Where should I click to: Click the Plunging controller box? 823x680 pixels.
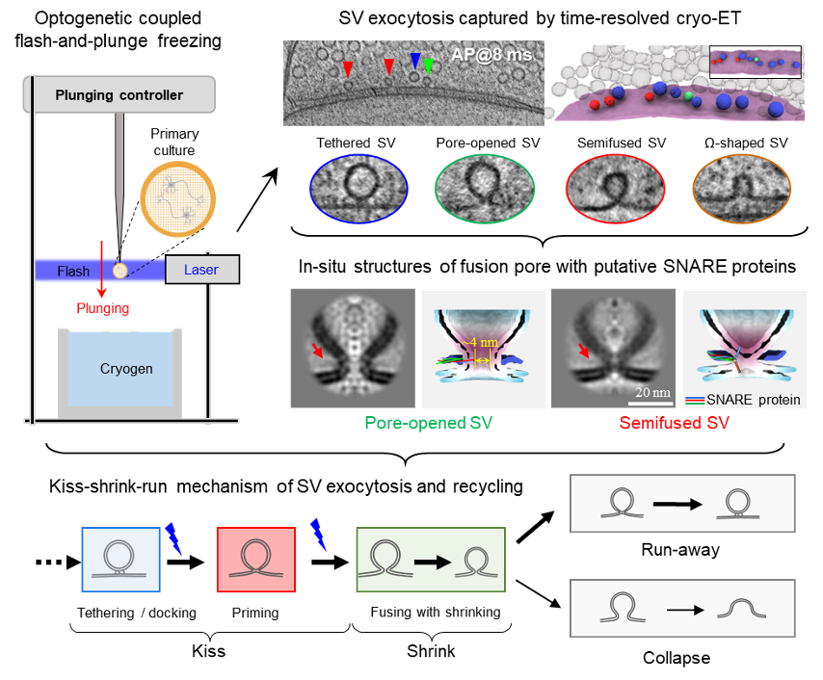(119, 94)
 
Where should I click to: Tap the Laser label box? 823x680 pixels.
(201, 270)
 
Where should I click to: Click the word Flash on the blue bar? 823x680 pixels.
(73, 271)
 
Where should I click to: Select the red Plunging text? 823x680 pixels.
(103, 308)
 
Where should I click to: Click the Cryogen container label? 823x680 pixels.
(126, 369)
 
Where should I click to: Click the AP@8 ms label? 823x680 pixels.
(491, 55)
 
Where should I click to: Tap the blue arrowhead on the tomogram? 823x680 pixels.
(415, 62)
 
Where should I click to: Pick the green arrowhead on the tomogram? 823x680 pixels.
(429, 65)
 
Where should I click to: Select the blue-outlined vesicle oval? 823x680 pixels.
(357, 187)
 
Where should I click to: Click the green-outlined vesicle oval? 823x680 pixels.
(484, 187)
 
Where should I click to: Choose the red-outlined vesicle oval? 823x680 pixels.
(614, 187)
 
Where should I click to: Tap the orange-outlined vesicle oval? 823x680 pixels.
(742, 187)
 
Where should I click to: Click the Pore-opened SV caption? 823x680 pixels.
(428, 423)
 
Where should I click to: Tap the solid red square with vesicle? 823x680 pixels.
(255, 560)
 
